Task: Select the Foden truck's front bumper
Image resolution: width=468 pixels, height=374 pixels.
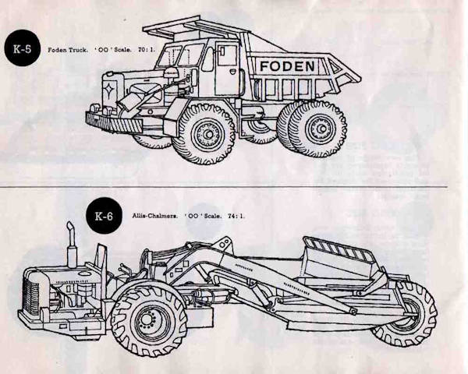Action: coord(113,122)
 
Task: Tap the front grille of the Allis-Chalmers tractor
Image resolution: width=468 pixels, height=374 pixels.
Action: coord(33,296)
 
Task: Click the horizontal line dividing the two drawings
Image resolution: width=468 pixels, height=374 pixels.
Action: coord(234,187)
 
